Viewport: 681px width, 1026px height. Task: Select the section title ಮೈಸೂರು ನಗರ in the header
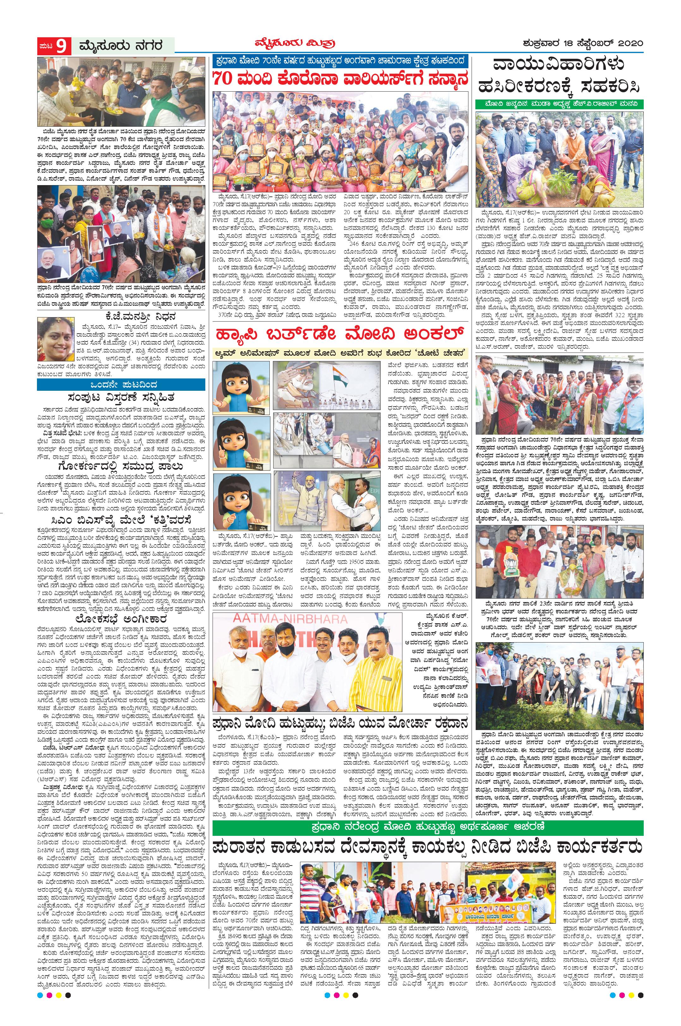[x=121, y=45]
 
